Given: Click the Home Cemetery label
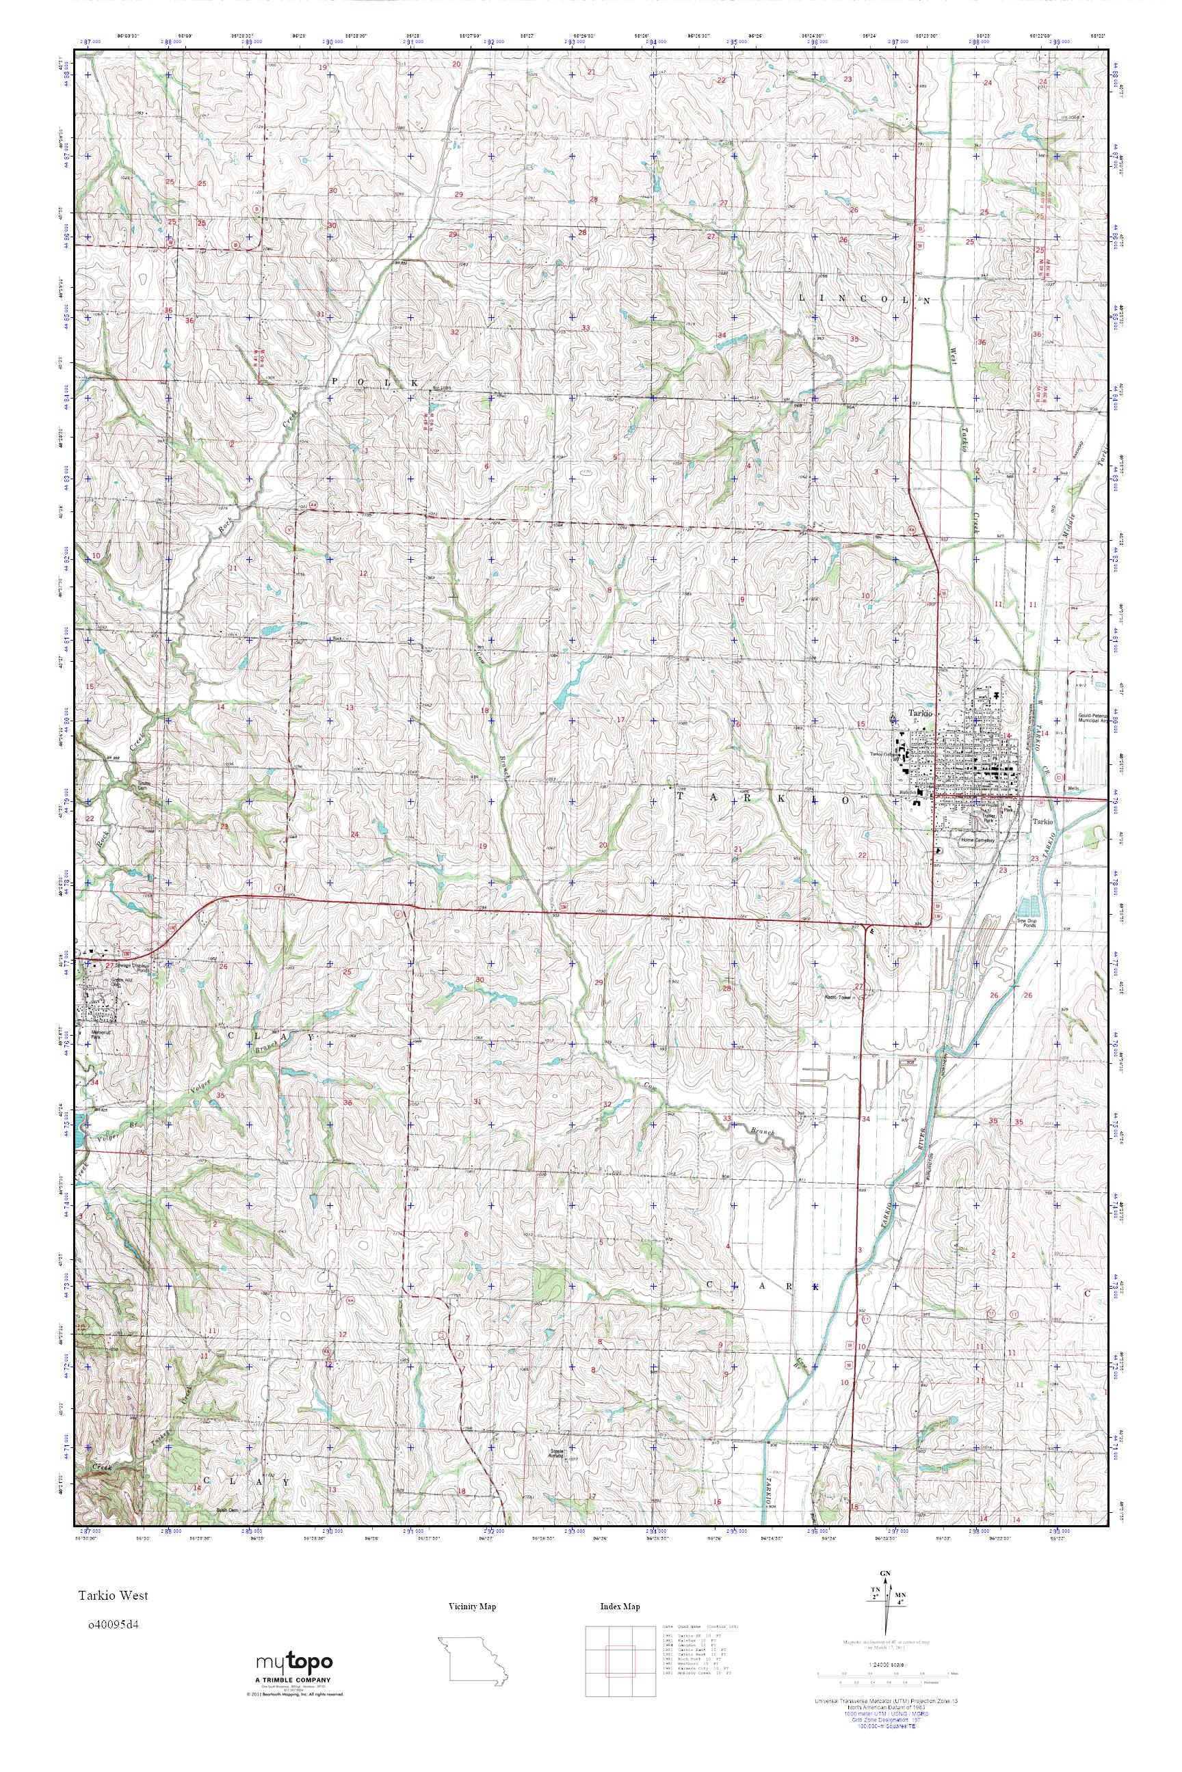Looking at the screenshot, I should [977, 840].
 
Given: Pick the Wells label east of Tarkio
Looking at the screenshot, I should [1074, 789].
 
